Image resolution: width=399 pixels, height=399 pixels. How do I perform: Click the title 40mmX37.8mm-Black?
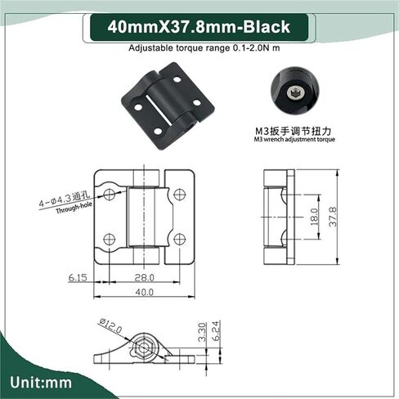coord(199,28)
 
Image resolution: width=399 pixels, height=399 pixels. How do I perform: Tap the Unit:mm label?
coord(43,382)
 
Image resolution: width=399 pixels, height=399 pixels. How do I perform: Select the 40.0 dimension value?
coord(145,292)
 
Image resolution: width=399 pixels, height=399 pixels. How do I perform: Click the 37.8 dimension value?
coord(332,217)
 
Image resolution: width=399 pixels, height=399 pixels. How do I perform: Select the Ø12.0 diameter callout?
coord(111,327)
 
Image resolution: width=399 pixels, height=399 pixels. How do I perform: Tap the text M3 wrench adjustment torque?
coord(293,140)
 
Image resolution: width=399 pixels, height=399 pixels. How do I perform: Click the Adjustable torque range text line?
coord(199,48)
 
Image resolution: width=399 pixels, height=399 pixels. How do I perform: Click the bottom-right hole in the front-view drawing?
coord(180,239)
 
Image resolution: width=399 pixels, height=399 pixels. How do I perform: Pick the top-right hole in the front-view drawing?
coord(180,195)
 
